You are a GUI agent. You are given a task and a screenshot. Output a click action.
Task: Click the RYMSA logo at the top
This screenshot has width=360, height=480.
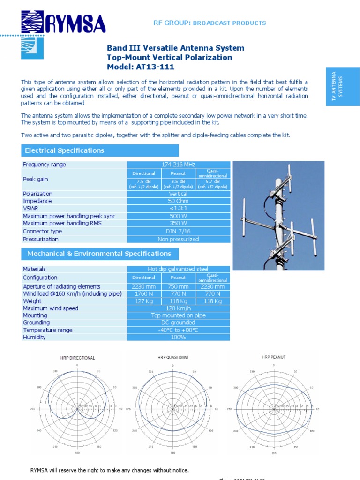[63, 23]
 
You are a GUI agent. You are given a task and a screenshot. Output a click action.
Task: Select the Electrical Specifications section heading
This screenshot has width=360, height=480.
[64, 150]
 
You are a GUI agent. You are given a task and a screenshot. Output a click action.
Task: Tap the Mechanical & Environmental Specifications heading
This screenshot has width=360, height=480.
[99, 254]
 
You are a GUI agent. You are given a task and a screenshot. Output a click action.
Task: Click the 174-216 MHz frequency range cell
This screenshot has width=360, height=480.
[179, 165]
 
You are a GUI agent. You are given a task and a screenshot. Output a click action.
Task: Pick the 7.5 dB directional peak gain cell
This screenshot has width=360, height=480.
[144, 184]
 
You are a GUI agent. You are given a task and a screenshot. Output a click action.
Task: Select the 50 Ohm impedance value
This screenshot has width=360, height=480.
[179, 201]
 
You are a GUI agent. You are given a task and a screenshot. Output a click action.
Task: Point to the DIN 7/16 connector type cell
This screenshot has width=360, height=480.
[179, 231]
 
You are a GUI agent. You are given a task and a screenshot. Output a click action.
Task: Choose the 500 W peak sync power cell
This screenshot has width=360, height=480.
[179, 216]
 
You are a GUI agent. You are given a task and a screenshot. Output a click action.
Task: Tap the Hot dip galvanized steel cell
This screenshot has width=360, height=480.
[179, 269]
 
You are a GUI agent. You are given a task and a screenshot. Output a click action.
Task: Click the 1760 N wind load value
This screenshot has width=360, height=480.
[144, 294]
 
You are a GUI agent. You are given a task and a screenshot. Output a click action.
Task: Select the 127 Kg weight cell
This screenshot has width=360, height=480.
[144, 301]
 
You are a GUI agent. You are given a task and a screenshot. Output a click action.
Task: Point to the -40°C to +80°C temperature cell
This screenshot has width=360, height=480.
[179, 330]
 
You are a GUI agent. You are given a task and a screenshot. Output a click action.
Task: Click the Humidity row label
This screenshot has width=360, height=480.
[34, 337]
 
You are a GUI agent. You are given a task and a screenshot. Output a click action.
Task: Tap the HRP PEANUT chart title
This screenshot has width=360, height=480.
[273, 357]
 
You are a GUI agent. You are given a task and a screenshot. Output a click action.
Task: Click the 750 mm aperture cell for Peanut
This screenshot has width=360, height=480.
[178, 286]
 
